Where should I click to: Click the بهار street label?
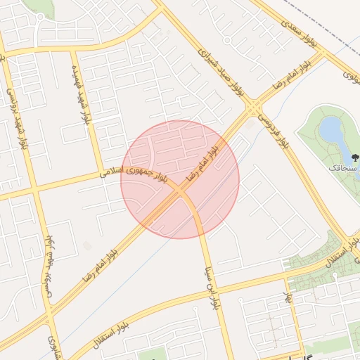pyautogui.click(x=287, y=299)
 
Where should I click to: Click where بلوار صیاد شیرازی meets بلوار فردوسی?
pyautogui.click(x=252, y=108)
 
